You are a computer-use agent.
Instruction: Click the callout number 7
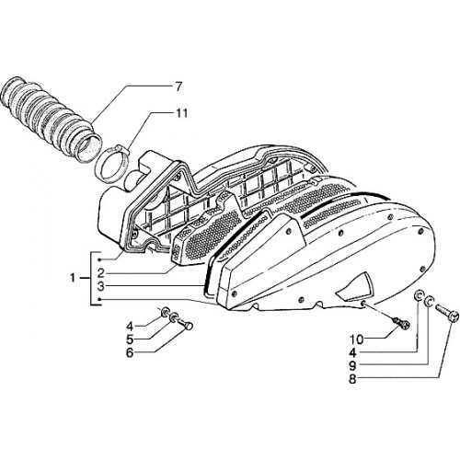point(178,86)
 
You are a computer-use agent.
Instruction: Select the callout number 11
point(181,113)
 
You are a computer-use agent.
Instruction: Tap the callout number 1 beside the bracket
point(73,278)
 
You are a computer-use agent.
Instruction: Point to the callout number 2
point(101,272)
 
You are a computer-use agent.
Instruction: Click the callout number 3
point(101,287)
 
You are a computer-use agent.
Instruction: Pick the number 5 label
point(130,339)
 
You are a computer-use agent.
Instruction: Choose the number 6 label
point(130,353)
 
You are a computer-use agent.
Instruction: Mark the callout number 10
point(357,339)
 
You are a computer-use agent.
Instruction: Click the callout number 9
point(352,366)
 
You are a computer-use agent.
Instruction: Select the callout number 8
point(352,379)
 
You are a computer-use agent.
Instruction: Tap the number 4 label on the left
point(130,326)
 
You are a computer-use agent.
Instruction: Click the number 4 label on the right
point(352,353)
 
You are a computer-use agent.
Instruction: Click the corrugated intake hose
point(51,118)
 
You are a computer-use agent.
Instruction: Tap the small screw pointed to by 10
point(402,323)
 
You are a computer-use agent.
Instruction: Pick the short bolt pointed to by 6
point(186,324)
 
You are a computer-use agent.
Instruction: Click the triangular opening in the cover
point(356,283)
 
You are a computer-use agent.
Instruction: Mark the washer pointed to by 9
point(429,301)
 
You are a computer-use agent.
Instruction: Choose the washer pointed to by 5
point(174,317)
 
